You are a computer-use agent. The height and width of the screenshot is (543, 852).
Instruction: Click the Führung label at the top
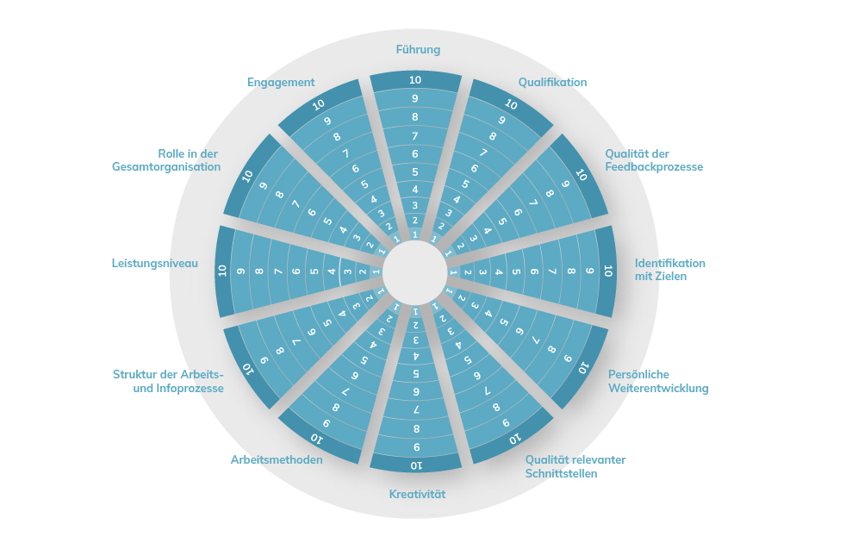coord(418,50)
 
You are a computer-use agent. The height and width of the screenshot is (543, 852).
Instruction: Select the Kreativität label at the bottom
coord(417,494)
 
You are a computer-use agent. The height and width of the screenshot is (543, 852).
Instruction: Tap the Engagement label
coord(281,83)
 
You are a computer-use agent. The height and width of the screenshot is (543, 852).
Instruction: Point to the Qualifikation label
coord(552,83)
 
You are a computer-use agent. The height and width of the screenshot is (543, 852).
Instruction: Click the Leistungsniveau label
coord(155,264)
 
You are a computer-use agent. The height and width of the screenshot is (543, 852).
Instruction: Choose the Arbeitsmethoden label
coord(277,460)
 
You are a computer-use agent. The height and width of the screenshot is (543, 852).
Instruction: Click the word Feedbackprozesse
coord(654,167)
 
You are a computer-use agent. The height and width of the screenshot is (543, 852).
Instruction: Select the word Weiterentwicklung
coord(658,389)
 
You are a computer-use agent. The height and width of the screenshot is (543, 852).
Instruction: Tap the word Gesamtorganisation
coord(166,167)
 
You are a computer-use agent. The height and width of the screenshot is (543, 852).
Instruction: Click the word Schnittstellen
coord(561,473)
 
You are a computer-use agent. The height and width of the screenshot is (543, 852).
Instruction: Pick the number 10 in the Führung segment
coord(415,80)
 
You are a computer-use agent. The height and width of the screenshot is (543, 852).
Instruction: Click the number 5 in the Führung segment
coord(415,172)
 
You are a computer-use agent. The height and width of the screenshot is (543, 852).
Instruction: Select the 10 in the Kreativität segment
coord(416,465)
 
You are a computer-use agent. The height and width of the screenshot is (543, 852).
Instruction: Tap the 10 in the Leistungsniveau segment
coord(222,270)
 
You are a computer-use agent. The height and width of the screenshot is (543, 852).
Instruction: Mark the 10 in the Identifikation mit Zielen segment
coord(608,270)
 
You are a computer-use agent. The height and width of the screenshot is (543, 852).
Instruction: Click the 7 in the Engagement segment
coord(345,153)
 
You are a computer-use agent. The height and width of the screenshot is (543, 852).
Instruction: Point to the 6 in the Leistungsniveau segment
coord(296,271)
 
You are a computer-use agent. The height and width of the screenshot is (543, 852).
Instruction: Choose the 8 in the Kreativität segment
coord(416,429)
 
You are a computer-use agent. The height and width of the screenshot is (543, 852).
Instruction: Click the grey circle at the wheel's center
coord(414,272)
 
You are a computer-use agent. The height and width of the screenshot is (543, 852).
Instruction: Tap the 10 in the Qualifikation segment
coord(512,103)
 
